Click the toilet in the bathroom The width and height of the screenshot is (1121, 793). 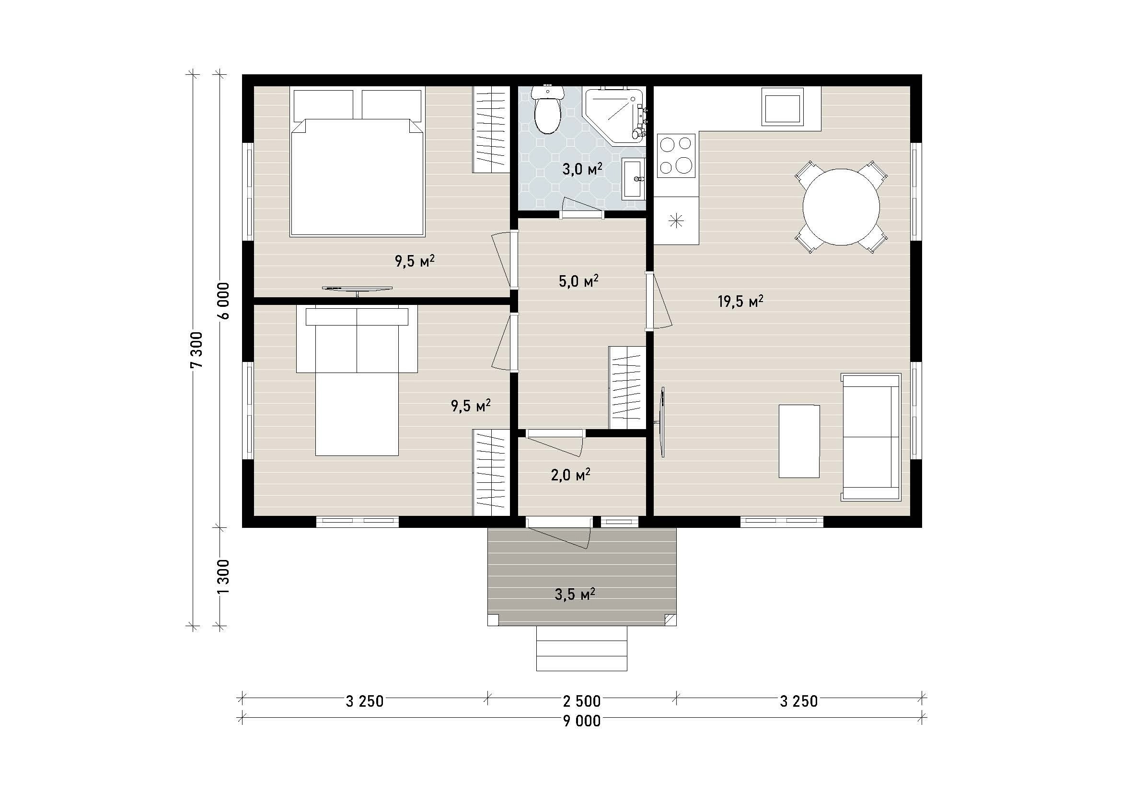pyautogui.click(x=547, y=110)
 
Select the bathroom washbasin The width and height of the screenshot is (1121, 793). pyautogui.click(x=633, y=178)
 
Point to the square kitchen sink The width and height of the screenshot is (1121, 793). pyautogui.click(x=783, y=107)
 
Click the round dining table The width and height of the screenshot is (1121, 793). pyautogui.click(x=841, y=207)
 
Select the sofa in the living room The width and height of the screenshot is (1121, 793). pyautogui.click(x=871, y=437)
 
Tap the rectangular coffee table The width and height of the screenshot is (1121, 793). pyautogui.click(x=799, y=441)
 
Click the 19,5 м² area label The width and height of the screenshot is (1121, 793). pyautogui.click(x=740, y=301)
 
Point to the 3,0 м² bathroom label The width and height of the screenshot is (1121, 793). pyautogui.click(x=582, y=169)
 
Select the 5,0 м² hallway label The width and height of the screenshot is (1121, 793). pyautogui.click(x=578, y=281)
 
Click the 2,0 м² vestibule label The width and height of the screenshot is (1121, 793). pyautogui.click(x=571, y=475)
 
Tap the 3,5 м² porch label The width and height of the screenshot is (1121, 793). pyautogui.click(x=575, y=594)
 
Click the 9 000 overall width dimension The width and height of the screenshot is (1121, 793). pyautogui.click(x=582, y=721)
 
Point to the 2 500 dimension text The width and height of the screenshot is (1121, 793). pyautogui.click(x=582, y=701)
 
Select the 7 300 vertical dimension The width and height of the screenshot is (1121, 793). pyautogui.click(x=196, y=350)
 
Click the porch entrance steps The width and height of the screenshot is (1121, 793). pyautogui.click(x=581, y=649)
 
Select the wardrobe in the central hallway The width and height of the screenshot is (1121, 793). pyautogui.click(x=627, y=388)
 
